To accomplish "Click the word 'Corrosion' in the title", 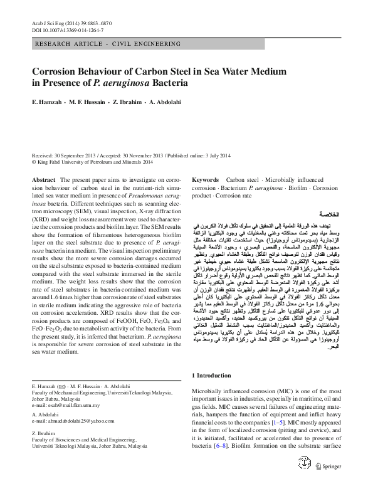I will click(56, 72).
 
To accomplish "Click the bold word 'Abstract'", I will click(43, 179).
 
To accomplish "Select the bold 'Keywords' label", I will click(205, 179).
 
